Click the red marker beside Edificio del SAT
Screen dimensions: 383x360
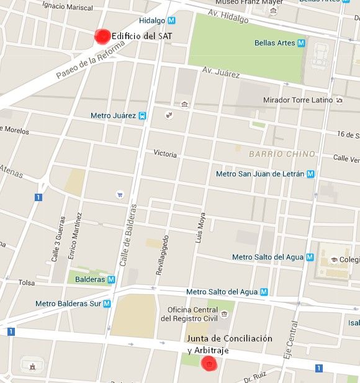101,37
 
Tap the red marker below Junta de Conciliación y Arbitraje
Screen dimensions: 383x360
210,363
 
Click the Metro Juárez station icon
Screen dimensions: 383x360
143,115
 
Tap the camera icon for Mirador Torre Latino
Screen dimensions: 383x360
339,100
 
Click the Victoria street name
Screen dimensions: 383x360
165,154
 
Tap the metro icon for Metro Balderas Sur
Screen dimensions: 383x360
107,304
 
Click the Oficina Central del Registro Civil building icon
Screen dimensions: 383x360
222,315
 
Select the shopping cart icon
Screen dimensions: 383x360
119,195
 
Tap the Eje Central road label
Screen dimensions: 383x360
288,348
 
